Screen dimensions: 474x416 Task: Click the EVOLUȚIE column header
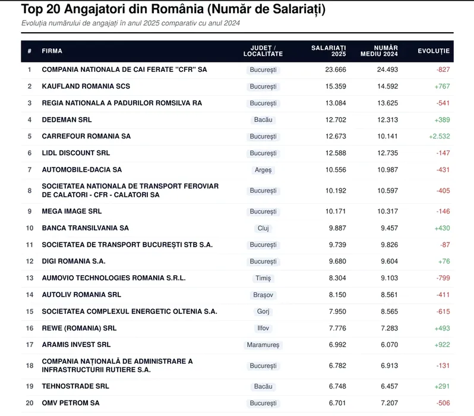[x=434, y=51]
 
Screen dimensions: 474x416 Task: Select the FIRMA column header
[x=52, y=51]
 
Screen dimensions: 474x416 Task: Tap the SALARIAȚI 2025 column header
[x=328, y=51]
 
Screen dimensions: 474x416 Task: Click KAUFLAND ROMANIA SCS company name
[x=86, y=86]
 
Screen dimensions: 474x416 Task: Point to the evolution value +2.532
[x=439, y=136]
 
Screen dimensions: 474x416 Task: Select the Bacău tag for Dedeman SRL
[x=263, y=120]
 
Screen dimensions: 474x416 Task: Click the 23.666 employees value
[x=336, y=70]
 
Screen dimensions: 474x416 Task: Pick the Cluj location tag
[x=263, y=228]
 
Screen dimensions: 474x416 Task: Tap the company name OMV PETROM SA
[x=71, y=403]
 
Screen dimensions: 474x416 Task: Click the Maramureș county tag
[x=263, y=345]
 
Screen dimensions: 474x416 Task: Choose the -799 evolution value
[x=443, y=278]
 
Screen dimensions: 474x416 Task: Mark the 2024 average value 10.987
[x=387, y=170]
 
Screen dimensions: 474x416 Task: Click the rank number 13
[x=30, y=278]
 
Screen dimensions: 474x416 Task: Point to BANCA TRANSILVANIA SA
[x=86, y=228]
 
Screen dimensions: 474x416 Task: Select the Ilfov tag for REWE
[x=263, y=328]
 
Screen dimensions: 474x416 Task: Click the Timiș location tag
[x=263, y=278]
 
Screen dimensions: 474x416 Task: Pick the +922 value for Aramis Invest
[x=442, y=345]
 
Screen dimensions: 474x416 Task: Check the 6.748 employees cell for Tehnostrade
[x=337, y=386]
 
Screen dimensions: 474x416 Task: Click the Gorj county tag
[x=263, y=311]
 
